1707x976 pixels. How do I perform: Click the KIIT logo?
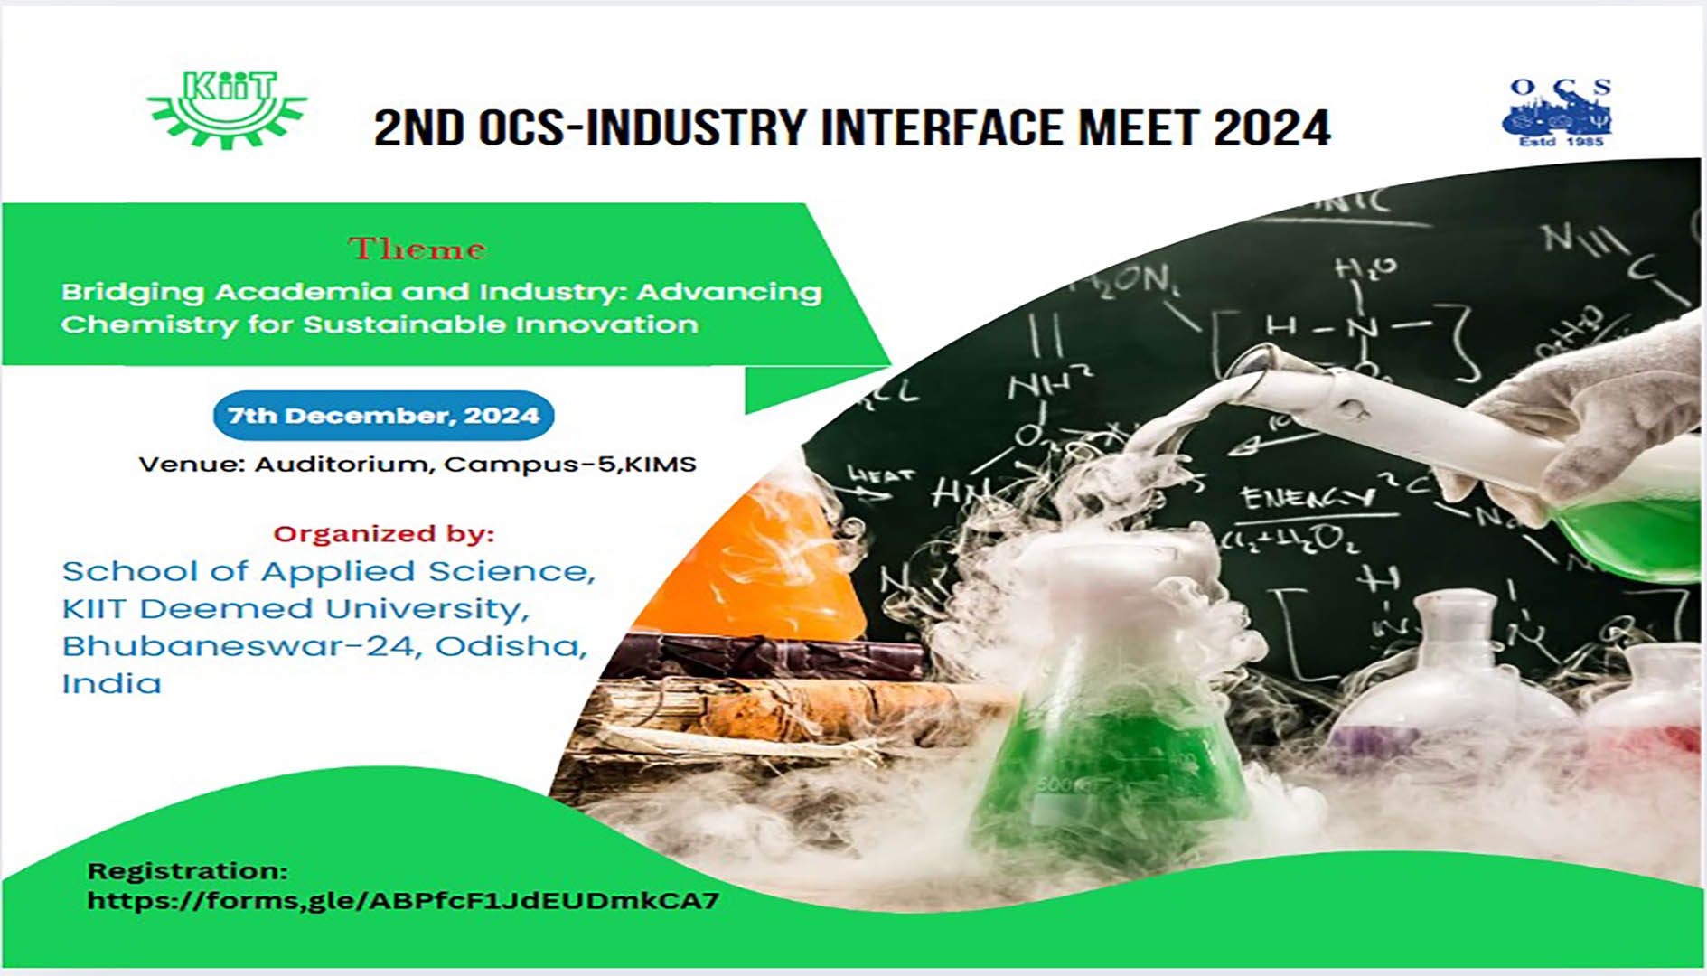click(228, 108)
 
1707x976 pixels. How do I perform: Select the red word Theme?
click(417, 249)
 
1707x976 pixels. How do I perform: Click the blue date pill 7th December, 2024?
click(383, 416)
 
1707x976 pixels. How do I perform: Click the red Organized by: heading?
click(383, 533)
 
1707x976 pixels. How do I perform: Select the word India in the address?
click(111, 684)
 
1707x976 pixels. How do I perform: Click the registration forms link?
click(403, 900)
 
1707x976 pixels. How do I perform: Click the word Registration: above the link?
click(187, 871)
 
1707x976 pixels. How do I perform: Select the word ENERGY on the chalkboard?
click(1306, 496)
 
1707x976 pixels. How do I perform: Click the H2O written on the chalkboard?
click(1365, 267)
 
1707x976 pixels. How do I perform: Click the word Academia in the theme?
click(304, 292)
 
